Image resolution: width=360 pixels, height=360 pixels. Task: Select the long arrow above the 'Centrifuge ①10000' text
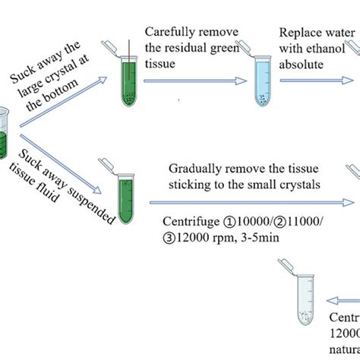point(251,202)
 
